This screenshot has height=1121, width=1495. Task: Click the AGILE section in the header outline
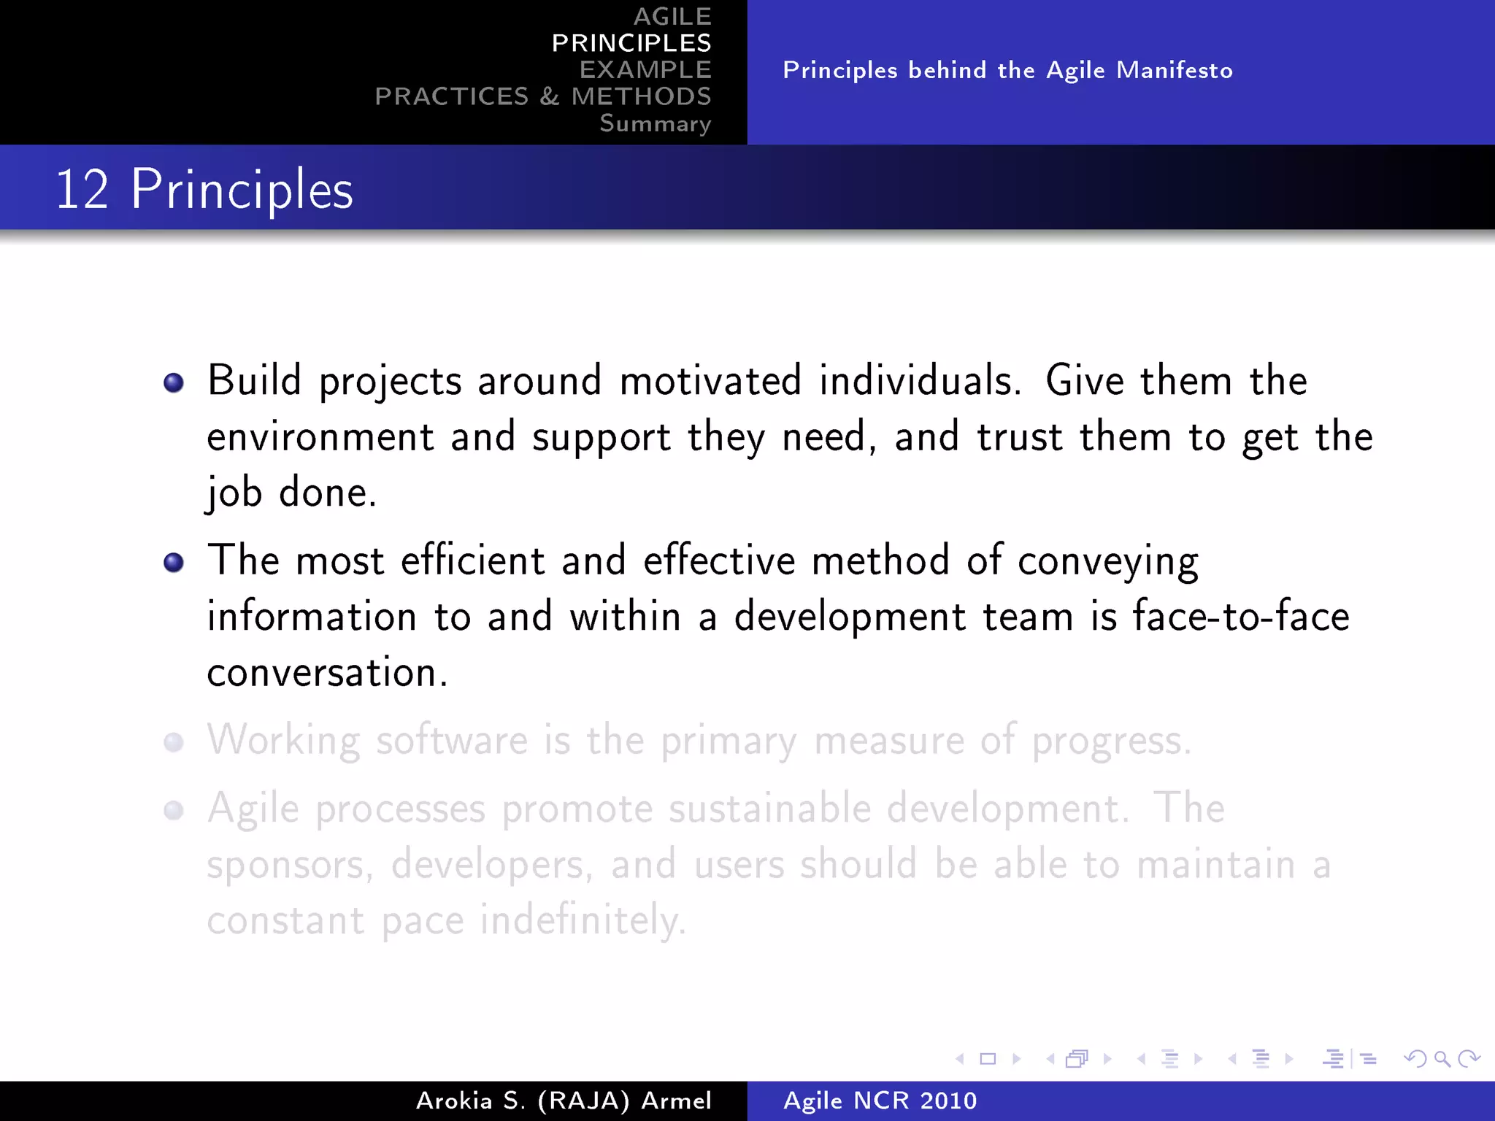pos(672,17)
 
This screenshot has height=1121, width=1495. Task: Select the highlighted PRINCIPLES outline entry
pos(631,43)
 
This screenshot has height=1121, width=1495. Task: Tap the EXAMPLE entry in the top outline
pos(645,70)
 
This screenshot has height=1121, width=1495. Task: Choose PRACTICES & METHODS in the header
pos(543,96)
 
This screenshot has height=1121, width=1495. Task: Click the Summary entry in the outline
pos(655,123)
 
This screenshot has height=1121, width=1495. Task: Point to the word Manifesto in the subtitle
pos(1175,70)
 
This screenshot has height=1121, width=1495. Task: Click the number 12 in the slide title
pos(82,190)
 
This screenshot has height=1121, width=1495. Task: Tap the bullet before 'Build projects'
pos(174,382)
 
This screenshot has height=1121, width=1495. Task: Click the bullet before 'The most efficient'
pos(174,563)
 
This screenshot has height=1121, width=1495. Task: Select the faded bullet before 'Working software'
pos(174,742)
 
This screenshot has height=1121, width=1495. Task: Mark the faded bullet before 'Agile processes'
pos(174,810)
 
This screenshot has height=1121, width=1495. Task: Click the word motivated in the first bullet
pos(710,381)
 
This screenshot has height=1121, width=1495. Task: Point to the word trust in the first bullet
pos(1019,437)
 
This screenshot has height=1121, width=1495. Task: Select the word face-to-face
pos(1240,616)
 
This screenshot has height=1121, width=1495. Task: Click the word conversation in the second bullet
pos(326,673)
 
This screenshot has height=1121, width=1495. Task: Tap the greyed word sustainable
pos(769,809)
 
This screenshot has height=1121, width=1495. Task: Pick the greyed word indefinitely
pos(583,920)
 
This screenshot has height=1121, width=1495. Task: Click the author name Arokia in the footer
pos(454,1101)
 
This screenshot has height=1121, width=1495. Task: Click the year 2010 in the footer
pos(948,1101)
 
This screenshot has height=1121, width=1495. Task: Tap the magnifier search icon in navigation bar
pos(1442,1059)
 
